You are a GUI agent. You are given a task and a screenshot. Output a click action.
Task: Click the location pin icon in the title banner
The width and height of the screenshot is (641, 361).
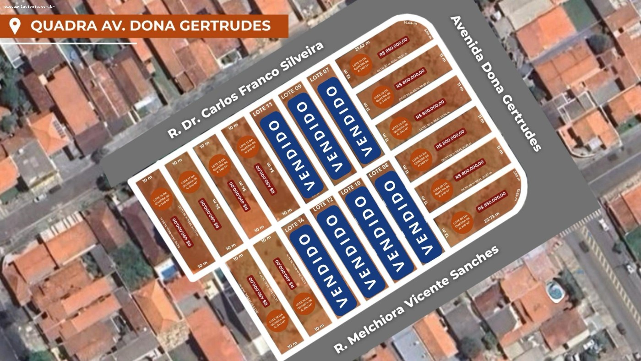point(15,26)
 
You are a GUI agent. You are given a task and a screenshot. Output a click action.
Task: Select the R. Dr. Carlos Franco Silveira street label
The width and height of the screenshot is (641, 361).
point(245,90)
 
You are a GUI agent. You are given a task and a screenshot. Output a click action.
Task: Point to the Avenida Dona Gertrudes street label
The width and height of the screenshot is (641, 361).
point(496,83)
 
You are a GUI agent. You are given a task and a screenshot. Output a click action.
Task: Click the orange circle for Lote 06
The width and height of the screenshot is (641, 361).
point(461,224)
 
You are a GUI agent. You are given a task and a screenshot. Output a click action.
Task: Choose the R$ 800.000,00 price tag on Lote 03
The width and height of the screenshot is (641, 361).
point(430,109)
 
